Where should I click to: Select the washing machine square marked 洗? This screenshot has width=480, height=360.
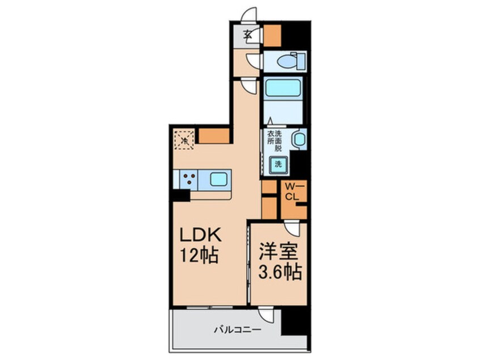pos(279,164)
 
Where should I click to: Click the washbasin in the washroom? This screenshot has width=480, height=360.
pos(298,140)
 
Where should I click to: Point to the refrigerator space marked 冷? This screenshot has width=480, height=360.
pos(184,139)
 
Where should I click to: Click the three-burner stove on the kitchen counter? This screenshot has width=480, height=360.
pos(188,179)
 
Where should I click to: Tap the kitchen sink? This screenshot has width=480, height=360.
pos(219,179)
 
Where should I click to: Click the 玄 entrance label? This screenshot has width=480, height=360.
pos(249,34)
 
